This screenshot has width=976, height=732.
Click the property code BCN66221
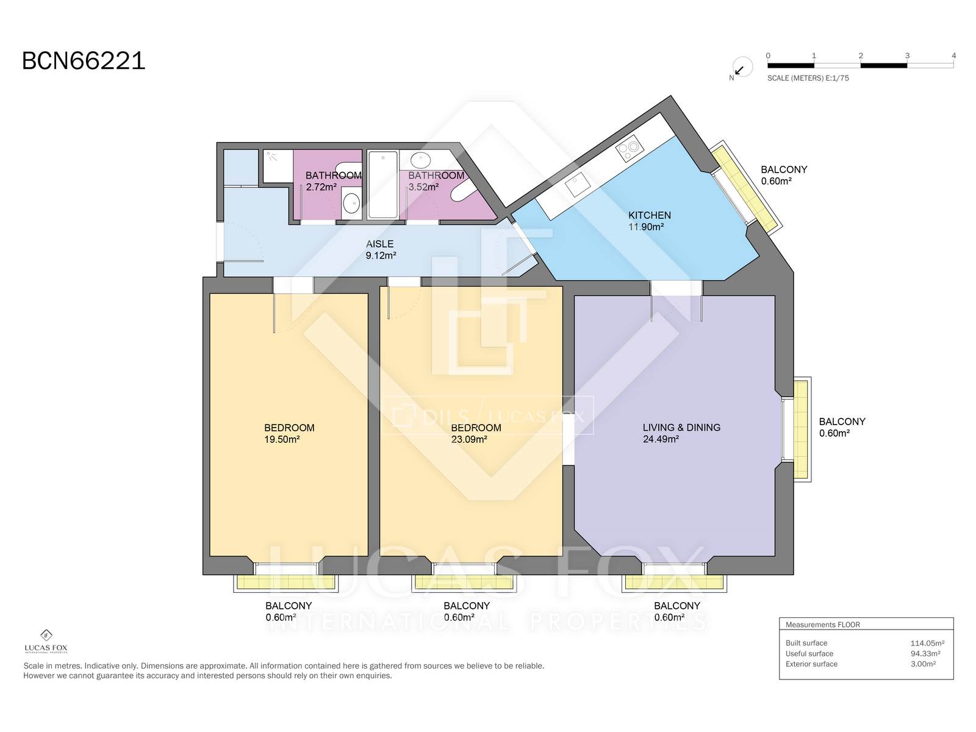pos(84,60)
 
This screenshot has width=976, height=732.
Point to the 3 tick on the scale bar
pos(907,56)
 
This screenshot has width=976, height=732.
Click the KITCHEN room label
pos(649,215)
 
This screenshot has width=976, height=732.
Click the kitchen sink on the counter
pos(578,184)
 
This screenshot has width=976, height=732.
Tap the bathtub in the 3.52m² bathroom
pos(383,185)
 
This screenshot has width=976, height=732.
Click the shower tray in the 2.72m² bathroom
pos(278,165)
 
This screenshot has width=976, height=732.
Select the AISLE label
pos(380,244)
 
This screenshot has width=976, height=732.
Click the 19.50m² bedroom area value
pos(282,440)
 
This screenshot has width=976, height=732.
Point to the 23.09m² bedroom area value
pos(469,440)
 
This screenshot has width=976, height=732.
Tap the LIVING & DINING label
pos(681,428)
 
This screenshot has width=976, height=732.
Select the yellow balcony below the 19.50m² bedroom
pos(285,582)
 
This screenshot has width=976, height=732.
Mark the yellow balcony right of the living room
pos(802,429)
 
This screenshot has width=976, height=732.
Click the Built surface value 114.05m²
pos(927,643)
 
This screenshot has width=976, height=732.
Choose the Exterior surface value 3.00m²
pos(923,664)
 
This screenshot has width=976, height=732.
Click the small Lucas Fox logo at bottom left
pos(46,641)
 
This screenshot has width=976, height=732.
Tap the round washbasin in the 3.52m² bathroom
pos(420,160)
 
